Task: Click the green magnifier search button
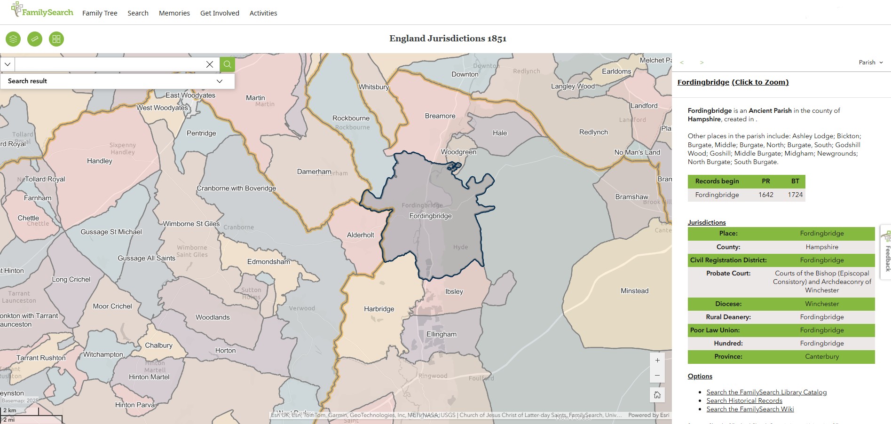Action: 227,64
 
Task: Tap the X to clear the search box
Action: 210,64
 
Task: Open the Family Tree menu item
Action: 100,13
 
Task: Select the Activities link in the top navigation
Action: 263,13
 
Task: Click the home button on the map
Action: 657,395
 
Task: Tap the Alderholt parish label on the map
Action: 361,235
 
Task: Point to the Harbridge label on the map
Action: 379,309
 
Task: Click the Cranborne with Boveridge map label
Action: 236,188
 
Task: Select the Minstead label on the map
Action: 634,291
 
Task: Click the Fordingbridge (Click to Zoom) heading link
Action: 733,82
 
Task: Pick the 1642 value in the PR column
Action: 765,195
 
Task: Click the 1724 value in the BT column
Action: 795,195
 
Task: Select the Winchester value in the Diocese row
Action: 822,304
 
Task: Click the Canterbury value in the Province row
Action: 822,356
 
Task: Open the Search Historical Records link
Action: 744,400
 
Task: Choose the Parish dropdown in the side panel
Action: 870,63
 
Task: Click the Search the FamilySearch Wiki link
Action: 750,409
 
